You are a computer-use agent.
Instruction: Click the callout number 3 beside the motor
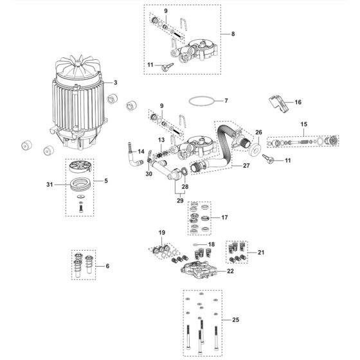click(x=115, y=83)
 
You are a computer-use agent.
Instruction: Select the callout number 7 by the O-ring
click(x=226, y=101)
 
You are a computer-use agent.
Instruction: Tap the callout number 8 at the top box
click(x=233, y=33)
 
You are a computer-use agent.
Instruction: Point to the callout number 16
click(x=298, y=102)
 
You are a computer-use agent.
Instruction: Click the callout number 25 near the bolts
click(x=235, y=319)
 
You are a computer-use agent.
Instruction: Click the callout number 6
click(x=107, y=266)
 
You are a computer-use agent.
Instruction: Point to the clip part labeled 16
click(x=276, y=104)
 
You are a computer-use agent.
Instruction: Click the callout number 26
click(x=259, y=133)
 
